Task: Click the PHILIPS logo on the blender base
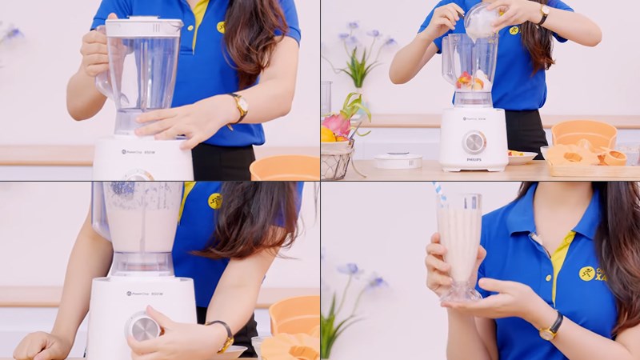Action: pyautogui.click(x=474, y=161)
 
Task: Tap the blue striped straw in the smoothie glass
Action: pyautogui.click(x=440, y=195)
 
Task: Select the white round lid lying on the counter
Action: pyautogui.click(x=398, y=160)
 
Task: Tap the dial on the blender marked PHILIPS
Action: pyautogui.click(x=474, y=142)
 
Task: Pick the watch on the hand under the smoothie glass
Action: pyautogui.click(x=550, y=325)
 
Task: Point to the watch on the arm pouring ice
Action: pyautogui.click(x=543, y=14)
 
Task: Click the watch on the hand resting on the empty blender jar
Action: pyautogui.click(x=238, y=106)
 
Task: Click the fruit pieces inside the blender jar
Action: pyautogui.click(x=471, y=81)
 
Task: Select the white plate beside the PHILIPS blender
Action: pyautogui.click(x=522, y=158)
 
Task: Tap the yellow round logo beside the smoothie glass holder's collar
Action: pyautogui.click(x=587, y=274)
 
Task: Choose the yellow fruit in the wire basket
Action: pyautogui.click(x=328, y=134)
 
